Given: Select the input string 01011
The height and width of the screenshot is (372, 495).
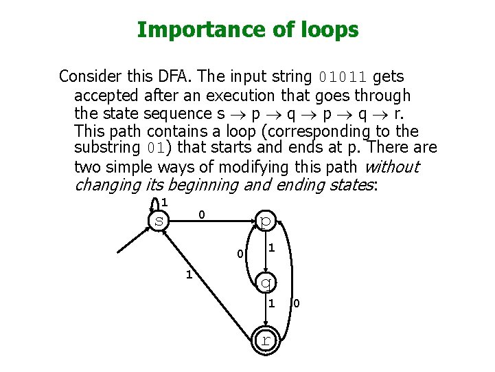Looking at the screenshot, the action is [343, 76].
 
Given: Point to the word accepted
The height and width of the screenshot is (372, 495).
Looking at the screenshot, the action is [106, 95].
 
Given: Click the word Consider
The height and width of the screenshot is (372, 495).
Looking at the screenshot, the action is [88, 76].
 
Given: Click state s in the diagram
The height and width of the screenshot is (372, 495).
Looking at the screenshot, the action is [159, 221].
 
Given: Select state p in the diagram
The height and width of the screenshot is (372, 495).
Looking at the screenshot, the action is [266, 220].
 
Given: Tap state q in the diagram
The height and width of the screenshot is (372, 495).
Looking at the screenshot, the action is [266, 281].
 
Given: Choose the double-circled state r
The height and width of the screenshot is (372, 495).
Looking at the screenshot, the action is [266, 340].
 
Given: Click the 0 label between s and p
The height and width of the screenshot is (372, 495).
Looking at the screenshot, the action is [201, 215].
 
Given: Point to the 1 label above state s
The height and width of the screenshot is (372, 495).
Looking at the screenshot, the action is [164, 201].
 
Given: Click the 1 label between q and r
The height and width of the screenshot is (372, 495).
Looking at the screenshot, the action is [271, 303].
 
